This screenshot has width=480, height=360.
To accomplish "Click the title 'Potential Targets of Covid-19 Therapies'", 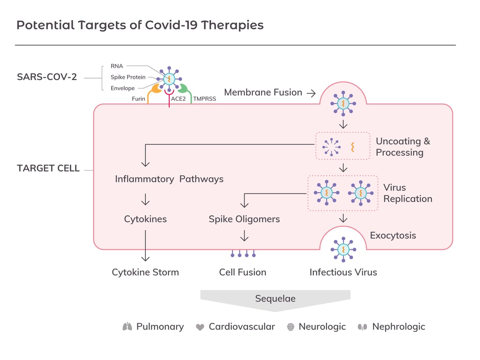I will (x=140, y=25).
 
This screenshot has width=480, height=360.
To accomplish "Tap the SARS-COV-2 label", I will (x=47, y=77).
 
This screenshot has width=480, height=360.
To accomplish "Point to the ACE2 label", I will (x=179, y=99).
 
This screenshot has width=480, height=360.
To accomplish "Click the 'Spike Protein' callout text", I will (x=128, y=77).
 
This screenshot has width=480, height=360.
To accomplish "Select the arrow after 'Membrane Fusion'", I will (x=311, y=93).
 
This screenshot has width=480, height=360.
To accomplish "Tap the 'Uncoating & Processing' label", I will (x=403, y=147).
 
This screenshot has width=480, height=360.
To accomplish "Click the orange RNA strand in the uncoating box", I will (x=352, y=147).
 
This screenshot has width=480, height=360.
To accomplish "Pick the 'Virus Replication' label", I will (x=407, y=193).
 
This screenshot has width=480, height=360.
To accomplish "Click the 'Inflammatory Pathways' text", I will (x=169, y=179).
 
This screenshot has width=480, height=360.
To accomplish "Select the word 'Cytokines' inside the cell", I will (x=145, y=219).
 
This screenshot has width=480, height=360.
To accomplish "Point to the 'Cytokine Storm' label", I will (x=145, y=272).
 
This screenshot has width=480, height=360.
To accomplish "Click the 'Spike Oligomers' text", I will (x=244, y=219).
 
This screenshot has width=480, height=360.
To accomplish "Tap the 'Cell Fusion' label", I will (x=242, y=272).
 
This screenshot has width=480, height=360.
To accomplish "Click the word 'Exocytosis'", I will (x=393, y=235).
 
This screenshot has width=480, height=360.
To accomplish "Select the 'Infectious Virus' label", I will (x=343, y=272).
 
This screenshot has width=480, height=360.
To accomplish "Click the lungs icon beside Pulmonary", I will (x=127, y=327).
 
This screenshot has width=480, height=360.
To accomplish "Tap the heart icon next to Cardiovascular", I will (x=200, y=327).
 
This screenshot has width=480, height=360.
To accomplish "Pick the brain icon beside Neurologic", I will (x=291, y=327).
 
